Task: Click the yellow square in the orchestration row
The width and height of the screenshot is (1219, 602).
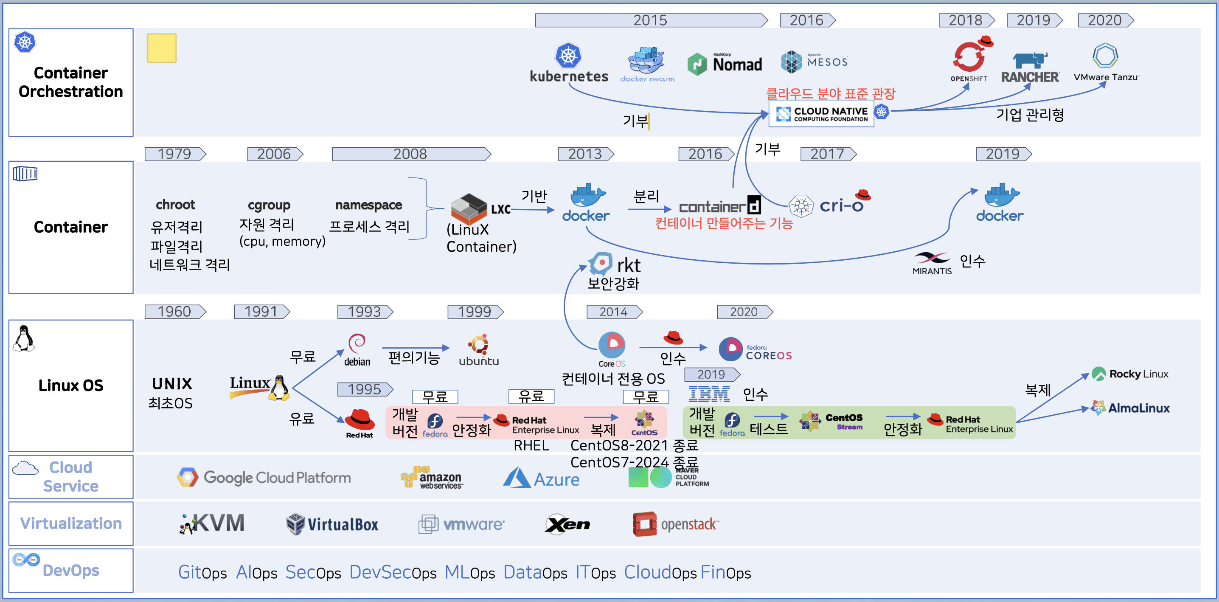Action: (161, 48)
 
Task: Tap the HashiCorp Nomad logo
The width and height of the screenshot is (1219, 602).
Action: (725, 64)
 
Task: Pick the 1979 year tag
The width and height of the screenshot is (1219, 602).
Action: (174, 154)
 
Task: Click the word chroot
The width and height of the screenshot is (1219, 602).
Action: (175, 205)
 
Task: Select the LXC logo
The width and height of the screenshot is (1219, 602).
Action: (479, 209)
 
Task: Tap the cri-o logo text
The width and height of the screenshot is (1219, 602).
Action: (841, 206)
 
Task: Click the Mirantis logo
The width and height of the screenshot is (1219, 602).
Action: (931, 263)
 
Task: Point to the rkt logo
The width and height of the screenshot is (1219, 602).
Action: (614, 264)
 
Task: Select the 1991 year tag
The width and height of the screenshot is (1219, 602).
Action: (261, 312)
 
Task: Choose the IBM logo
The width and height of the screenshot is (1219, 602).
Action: (709, 394)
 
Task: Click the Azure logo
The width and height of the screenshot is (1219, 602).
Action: (541, 478)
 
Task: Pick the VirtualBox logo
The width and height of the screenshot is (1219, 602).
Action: (332, 524)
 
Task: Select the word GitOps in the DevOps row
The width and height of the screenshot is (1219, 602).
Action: (202, 573)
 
